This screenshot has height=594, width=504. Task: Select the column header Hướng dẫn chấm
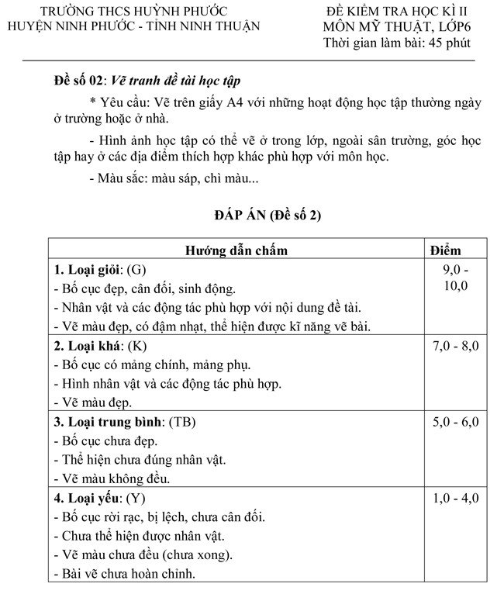tap(236, 250)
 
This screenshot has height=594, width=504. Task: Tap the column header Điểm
tap(445, 250)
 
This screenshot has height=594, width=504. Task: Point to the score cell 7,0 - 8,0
tap(455, 347)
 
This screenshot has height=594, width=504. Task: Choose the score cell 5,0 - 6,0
tap(455, 422)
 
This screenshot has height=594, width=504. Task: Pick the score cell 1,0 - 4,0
tap(455, 498)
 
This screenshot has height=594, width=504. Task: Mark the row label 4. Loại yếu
tap(88, 498)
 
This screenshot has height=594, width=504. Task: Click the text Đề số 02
tap(79, 81)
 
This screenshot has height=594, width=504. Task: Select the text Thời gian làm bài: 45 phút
tap(397, 43)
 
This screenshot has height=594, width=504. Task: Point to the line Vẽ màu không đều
tap(112, 478)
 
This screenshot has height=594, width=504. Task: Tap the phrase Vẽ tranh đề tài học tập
tap(177, 81)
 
